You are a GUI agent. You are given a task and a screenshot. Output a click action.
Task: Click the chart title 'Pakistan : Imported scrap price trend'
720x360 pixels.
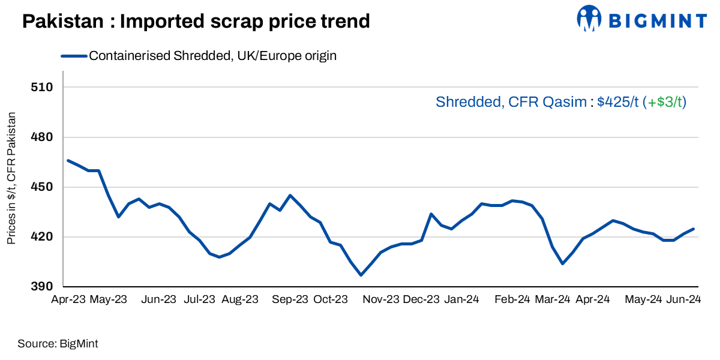pyautogui.click(x=196, y=22)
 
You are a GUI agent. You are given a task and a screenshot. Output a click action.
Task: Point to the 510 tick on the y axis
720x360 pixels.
pyautogui.click(x=42, y=88)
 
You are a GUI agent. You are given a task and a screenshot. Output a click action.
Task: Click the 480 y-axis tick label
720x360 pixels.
pyautogui.click(x=42, y=137)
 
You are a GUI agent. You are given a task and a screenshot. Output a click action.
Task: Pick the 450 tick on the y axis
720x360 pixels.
pyautogui.click(x=42, y=187)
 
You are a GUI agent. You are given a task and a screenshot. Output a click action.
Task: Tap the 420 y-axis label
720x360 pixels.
pyautogui.click(x=42, y=237)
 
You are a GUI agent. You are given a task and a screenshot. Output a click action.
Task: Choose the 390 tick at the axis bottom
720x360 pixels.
pyautogui.click(x=42, y=287)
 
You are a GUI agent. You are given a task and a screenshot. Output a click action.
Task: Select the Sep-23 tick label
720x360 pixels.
pyautogui.click(x=290, y=299)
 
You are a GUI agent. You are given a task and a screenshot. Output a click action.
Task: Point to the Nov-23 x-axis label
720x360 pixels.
pyautogui.click(x=380, y=299)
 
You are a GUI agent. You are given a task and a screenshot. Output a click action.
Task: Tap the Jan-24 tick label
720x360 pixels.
pyautogui.click(x=461, y=299)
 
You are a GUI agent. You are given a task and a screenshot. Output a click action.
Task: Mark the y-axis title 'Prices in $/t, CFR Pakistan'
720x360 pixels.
pyautogui.click(x=11, y=178)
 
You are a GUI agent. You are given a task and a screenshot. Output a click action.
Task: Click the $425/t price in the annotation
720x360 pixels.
pyautogui.click(x=618, y=103)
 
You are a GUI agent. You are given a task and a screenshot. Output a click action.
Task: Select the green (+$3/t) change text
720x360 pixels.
pyautogui.click(x=664, y=103)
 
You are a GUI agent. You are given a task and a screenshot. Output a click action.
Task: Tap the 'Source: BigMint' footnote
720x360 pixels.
pyautogui.click(x=58, y=344)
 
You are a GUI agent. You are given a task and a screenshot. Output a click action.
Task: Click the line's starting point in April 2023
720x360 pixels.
pyautogui.click(x=68, y=160)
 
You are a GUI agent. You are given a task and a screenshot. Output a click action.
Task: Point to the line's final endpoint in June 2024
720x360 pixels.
pyautogui.click(x=694, y=229)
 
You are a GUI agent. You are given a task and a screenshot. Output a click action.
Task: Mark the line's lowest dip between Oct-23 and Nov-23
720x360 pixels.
pyautogui.click(x=361, y=275)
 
